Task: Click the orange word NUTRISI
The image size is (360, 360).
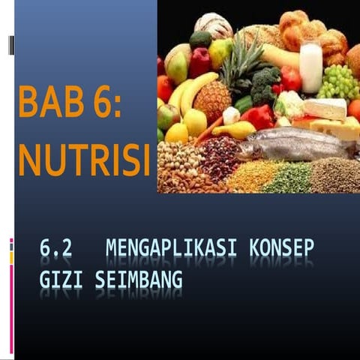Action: point(82,159)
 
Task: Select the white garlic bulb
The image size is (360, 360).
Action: point(232,115)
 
